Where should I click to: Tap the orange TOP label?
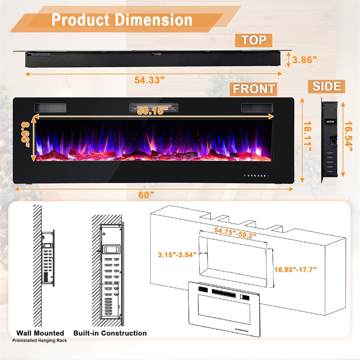(254, 40)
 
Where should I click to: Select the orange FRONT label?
(254, 89)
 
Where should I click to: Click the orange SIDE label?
(327, 85)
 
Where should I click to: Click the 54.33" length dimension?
(149, 80)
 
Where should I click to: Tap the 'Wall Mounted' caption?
(40, 333)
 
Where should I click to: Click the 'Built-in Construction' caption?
(110, 333)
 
